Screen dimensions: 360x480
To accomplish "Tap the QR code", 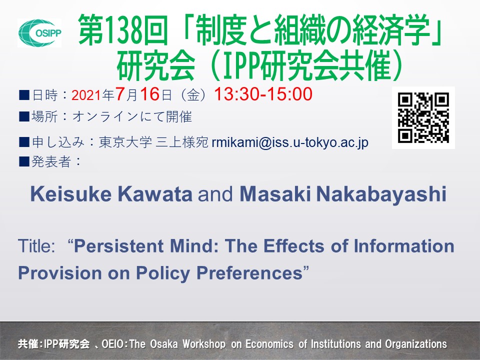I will (423, 117).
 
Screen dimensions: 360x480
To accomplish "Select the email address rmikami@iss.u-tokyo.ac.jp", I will (290, 142).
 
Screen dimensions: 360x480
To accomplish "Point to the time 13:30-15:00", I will (263, 94).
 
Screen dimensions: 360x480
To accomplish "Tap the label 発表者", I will (52, 161).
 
